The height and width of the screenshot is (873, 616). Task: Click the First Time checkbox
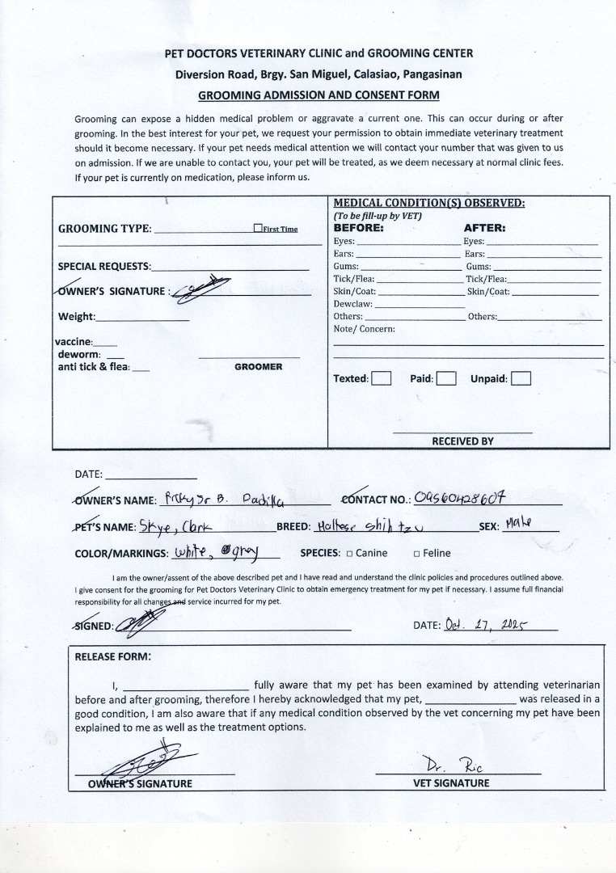pyautogui.click(x=257, y=229)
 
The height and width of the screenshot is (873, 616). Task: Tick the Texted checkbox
pyautogui.click(x=382, y=378)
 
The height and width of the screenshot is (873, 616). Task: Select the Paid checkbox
pyautogui.click(x=446, y=378)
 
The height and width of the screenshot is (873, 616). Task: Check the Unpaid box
pyautogui.click(x=521, y=378)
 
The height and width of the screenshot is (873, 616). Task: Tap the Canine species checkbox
pyautogui.click(x=349, y=554)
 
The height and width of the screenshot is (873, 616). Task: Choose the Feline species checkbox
pyautogui.click(x=417, y=554)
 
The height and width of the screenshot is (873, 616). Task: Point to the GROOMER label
pyautogui.click(x=259, y=367)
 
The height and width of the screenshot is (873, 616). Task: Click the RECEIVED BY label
pyautogui.click(x=462, y=441)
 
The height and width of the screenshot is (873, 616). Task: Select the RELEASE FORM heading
pyautogui.click(x=112, y=656)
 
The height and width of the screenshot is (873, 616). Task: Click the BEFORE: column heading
pyautogui.click(x=359, y=228)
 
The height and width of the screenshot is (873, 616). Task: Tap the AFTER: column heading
pyautogui.click(x=484, y=228)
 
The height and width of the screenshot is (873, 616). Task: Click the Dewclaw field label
pyautogui.click(x=353, y=304)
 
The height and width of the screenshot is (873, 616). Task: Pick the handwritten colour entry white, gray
pyautogui.click(x=213, y=553)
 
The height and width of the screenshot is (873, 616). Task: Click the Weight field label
pyautogui.click(x=77, y=317)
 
